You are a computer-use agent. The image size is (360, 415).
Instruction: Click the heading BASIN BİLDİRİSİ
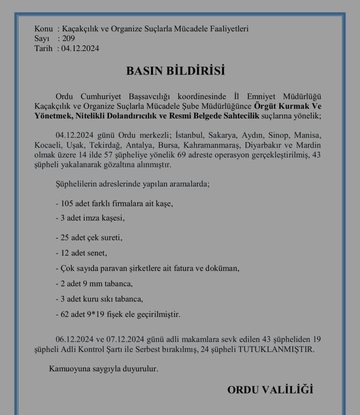(x=175, y=71)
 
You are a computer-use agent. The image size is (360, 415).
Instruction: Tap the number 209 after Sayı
(x=68, y=39)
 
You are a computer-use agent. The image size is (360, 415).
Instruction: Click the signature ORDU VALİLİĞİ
(x=270, y=390)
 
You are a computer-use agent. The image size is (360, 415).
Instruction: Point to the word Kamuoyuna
(x=68, y=369)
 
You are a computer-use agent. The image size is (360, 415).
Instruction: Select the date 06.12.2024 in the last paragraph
(x=73, y=339)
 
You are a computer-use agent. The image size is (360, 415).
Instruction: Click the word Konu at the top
(x=44, y=29)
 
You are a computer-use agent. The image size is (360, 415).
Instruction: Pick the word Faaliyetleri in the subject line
(x=229, y=29)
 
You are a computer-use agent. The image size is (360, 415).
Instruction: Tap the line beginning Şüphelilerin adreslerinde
(x=132, y=184)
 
